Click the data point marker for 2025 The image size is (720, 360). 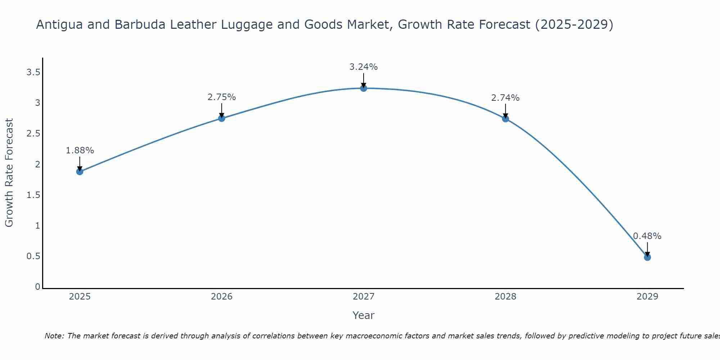tap(80, 172)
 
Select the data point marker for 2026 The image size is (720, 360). tap(222, 118)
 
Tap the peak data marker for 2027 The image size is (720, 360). tap(364, 88)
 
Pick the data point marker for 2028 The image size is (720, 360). tap(505, 119)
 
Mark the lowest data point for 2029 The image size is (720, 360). tap(647, 257)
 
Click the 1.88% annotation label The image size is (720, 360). tap(80, 150)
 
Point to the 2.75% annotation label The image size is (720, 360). tap(222, 97)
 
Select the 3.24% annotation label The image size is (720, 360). tap(364, 67)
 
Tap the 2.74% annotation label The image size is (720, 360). tap(505, 98)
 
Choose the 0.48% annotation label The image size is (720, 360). tap(647, 236)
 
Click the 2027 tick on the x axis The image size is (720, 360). tap(364, 297)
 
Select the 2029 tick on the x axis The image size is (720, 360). tap(647, 297)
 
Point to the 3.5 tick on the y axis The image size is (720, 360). tap(33, 73)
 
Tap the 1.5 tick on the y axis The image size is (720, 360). tap(33, 195)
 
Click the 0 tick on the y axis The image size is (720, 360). tap(37, 287)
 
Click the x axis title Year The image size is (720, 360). tap(364, 315)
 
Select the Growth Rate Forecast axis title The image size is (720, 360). tap(9, 173)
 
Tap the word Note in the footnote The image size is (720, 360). tap(54, 336)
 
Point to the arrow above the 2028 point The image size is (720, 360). tap(505, 111)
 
